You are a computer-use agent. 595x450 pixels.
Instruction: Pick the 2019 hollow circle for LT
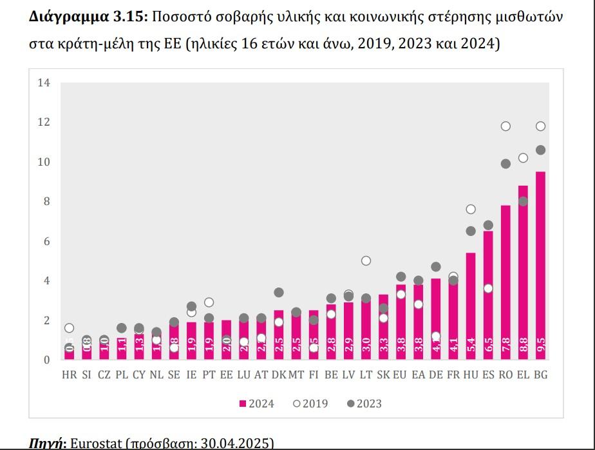(x=366, y=260)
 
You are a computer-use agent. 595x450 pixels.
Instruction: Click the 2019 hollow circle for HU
(x=471, y=209)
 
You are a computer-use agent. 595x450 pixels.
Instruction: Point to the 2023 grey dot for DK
(x=279, y=292)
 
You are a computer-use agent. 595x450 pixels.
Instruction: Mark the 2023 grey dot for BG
(x=541, y=150)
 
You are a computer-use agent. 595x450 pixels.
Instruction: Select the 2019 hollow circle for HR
(x=69, y=328)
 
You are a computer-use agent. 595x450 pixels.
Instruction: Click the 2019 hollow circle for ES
(x=488, y=288)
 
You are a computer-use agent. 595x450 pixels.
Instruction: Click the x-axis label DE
(x=435, y=375)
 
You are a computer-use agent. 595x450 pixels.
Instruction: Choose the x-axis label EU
(x=400, y=375)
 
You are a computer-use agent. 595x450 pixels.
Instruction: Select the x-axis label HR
(x=69, y=375)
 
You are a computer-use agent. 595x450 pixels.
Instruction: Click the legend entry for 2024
(x=256, y=404)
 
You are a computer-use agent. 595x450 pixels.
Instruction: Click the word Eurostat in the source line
(x=95, y=444)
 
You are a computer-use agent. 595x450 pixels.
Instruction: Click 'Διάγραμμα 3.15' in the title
(x=88, y=17)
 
